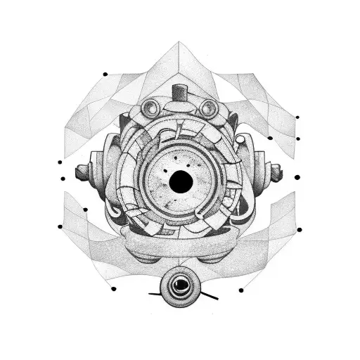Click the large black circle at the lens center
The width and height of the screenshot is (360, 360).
click(x=180, y=184)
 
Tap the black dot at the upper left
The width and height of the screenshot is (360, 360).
click(x=105, y=74)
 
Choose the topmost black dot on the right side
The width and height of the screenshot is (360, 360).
click(x=297, y=117)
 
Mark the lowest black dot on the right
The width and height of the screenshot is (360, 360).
click(x=241, y=290)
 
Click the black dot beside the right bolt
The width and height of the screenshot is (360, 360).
click(x=297, y=177)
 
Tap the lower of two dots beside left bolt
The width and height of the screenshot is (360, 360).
click(x=63, y=180)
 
